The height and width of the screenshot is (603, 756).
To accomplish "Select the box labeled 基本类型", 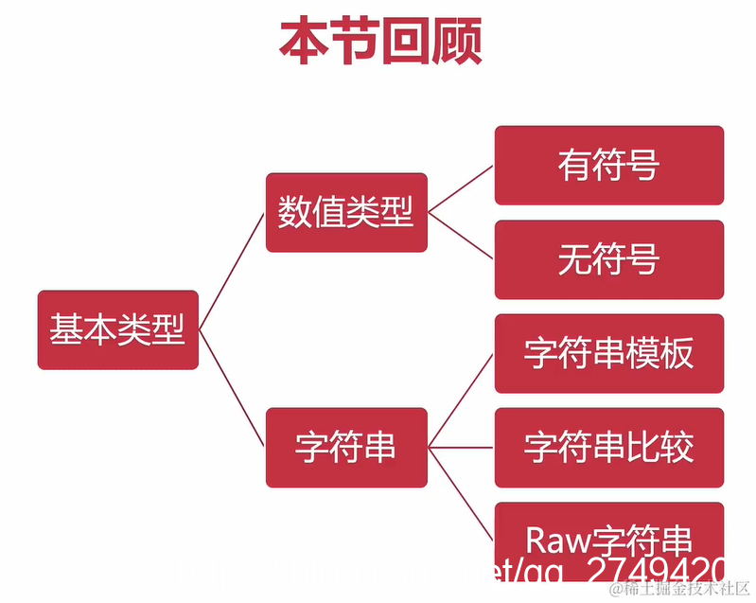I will pos(117,329).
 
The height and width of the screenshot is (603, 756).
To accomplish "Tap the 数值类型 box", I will pos(345,212).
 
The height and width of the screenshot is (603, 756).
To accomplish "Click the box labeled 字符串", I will pos(345,448).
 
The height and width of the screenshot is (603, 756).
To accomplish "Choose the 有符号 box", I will pos(608,165).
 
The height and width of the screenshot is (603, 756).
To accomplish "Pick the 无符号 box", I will pos(608,258).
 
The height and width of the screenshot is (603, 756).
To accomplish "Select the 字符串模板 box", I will pos(608,353).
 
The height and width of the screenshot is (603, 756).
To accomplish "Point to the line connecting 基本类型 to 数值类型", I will pos(232,271).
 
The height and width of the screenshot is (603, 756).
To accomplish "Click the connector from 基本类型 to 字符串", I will pos(232,388).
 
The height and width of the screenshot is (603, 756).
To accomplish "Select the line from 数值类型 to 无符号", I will pos(461,235).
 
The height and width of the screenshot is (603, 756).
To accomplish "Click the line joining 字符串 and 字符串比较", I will pos(461,448).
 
